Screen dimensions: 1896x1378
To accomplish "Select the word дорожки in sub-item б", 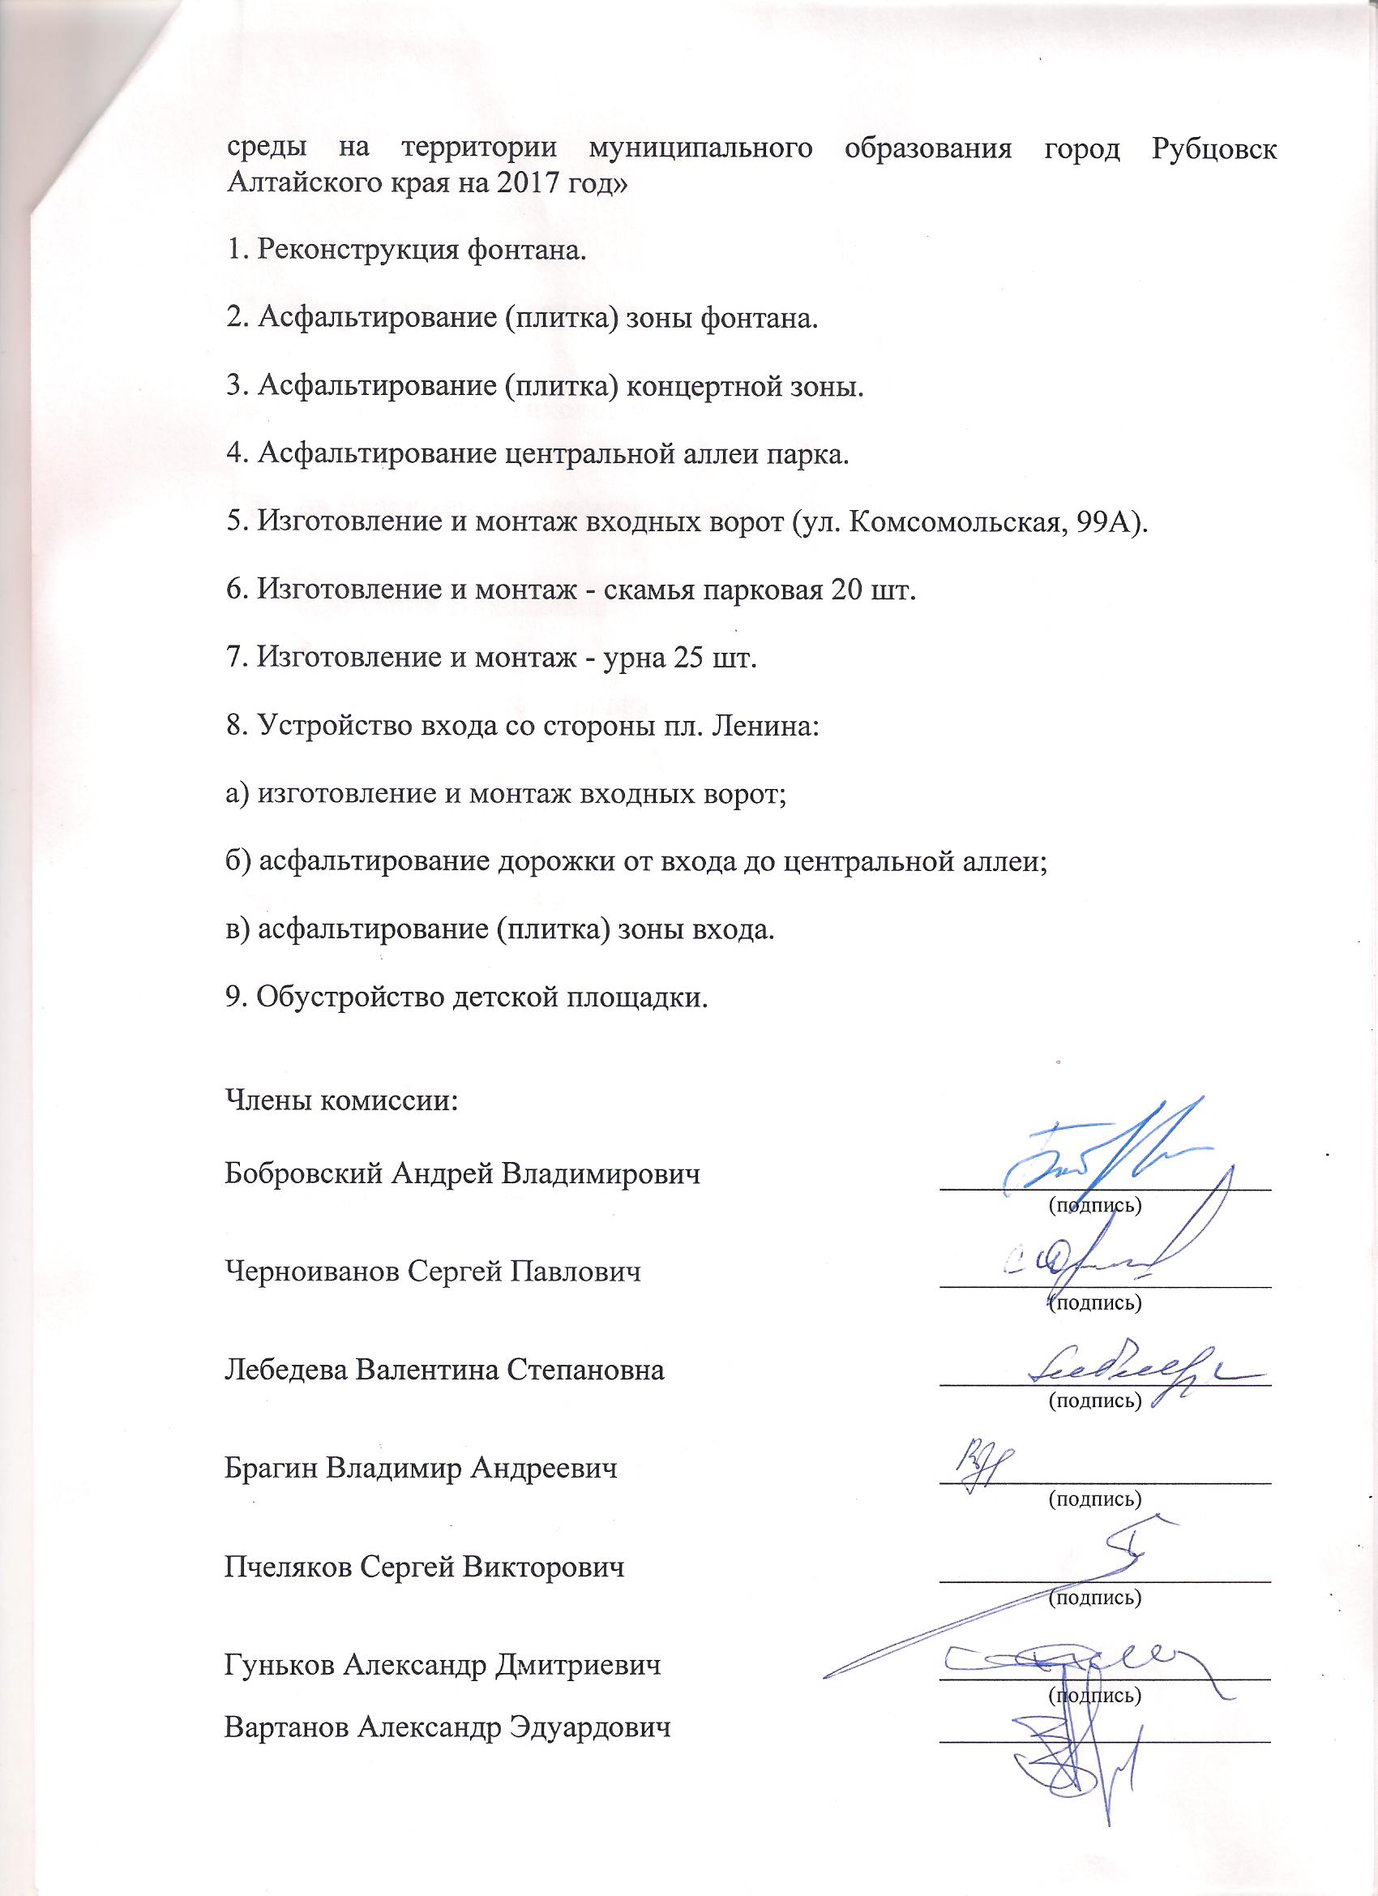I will pyautogui.click(x=555, y=862).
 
